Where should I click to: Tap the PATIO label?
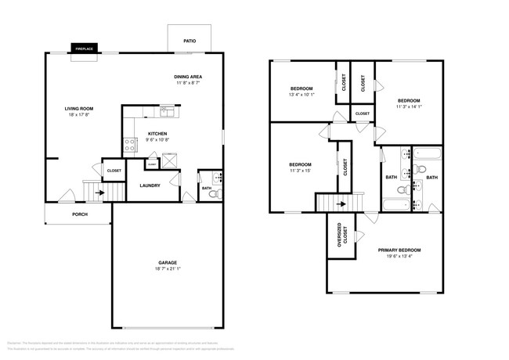(190, 41)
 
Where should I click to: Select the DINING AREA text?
(189, 76)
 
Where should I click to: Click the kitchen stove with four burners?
(128, 144)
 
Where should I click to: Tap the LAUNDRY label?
(150, 185)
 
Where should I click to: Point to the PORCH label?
(79, 214)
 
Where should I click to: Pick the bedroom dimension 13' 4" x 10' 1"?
(302, 95)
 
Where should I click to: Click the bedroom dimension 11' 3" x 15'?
(301, 171)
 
